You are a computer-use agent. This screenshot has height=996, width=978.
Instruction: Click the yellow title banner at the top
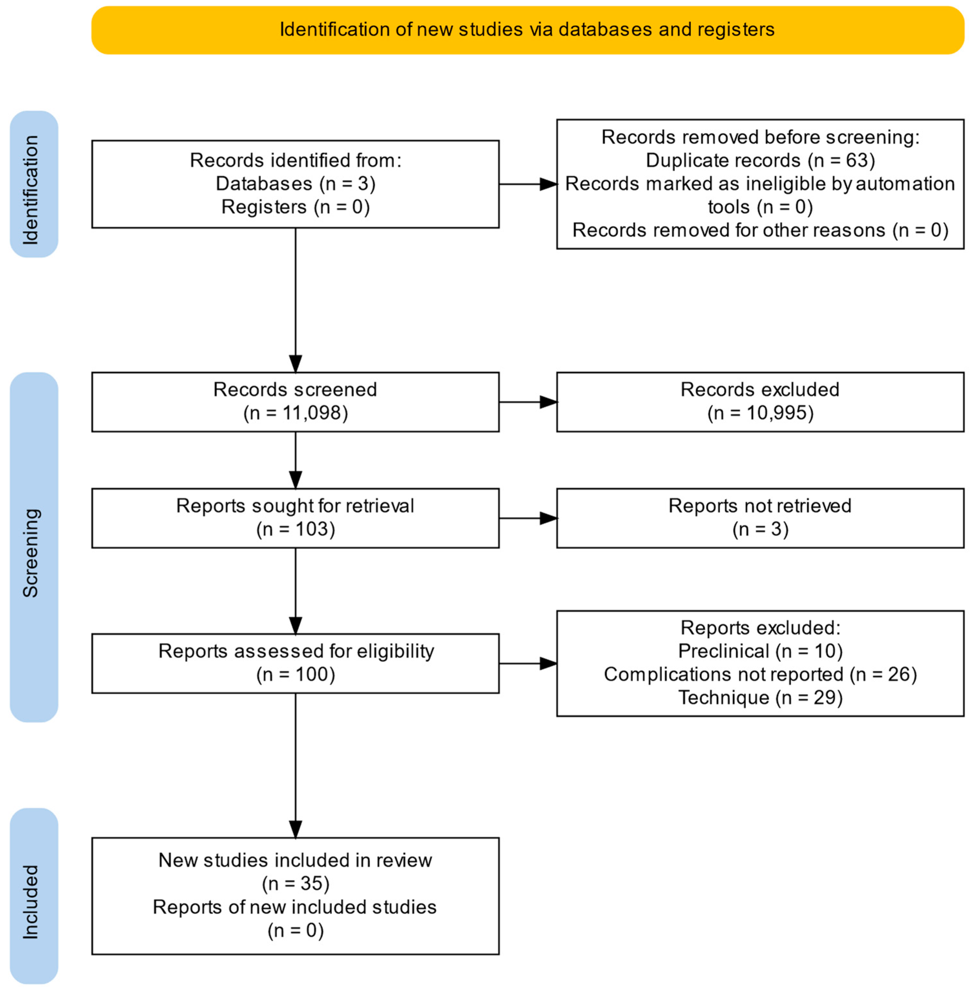pos(528,30)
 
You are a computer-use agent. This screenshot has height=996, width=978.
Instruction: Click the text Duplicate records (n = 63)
pos(760,161)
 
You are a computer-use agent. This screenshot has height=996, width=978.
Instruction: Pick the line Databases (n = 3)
pos(295,184)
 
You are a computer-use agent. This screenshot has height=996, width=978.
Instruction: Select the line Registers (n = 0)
pos(295,207)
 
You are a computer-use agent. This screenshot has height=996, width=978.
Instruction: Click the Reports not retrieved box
pos(760,518)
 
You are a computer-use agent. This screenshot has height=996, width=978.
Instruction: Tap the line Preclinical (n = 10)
pos(760,651)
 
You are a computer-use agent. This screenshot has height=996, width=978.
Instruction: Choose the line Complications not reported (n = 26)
pos(760,674)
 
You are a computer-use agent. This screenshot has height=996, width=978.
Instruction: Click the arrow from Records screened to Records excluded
pos(528,402)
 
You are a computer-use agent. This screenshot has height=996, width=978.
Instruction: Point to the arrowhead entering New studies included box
pos(295,829)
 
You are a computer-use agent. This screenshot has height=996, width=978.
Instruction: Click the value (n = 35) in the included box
pos(295,884)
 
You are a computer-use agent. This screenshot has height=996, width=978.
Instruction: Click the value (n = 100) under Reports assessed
pos(295,674)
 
